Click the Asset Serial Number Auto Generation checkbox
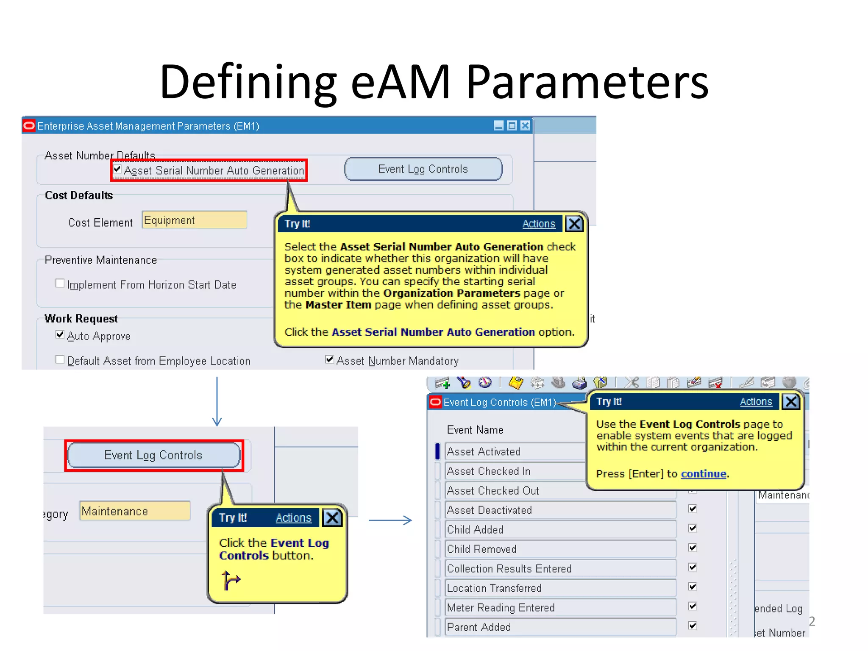coord(117,170)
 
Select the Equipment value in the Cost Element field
coord(194,220)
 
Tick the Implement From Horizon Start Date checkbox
coord(60,283)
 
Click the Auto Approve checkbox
coord(60,334)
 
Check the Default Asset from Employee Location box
coord(60,359)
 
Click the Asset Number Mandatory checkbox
coord(329,359)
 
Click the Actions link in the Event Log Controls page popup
coord(756,401)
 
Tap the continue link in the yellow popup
coord(703,473)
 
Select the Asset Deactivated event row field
coord(559,510)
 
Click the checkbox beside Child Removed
coord(693,548)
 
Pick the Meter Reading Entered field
coord(559,607)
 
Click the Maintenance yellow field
coord(135,511)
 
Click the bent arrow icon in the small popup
coord(231,580)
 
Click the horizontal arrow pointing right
coord(390,520)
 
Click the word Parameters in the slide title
coord(587,81)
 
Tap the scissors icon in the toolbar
coord(631,383)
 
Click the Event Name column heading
coord(475,430)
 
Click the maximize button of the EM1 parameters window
coord(512,125)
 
